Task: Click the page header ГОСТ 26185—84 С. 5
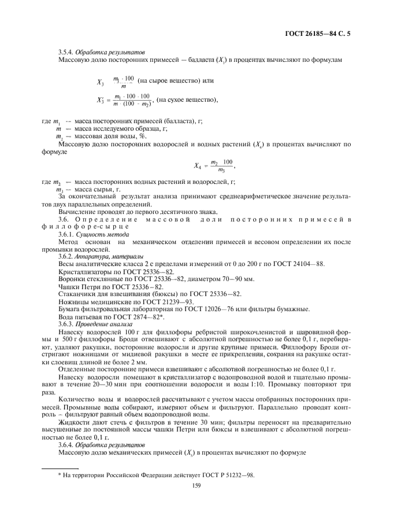[x=318, y=33]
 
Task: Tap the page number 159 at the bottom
[x=196, y=486]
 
